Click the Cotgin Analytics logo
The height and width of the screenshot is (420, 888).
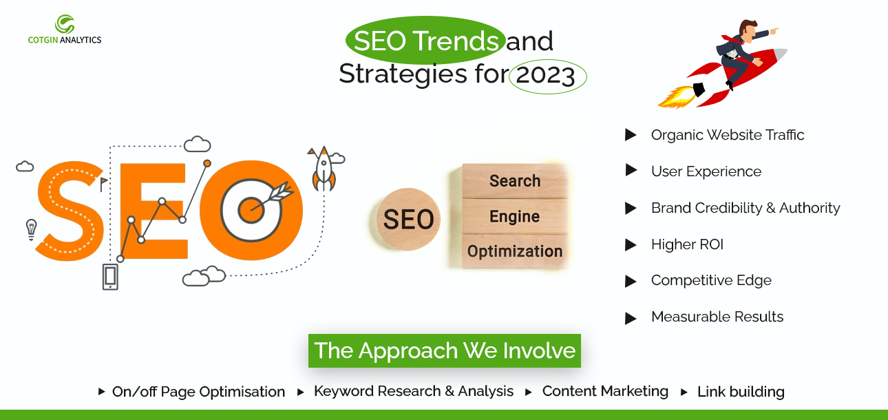[65, 30]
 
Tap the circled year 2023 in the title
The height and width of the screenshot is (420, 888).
[546, 75]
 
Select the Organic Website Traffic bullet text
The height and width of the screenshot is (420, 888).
[728, 135]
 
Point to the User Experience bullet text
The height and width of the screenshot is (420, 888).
[706, 171]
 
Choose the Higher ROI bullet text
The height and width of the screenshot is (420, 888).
[687, 244]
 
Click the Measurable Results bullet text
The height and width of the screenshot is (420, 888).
[717, 317]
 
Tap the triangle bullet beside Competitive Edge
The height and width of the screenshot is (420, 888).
[631, 281]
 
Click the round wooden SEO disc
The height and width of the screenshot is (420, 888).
[408, 220]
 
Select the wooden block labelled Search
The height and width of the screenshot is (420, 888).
[515, 181]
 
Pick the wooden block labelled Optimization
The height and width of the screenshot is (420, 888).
[515, 251]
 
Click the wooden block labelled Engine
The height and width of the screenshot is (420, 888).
[515, 217]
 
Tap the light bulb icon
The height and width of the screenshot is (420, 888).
[31, 230]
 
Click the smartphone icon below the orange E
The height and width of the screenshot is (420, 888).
[110, 277]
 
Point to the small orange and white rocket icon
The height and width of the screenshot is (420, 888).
[324, 169]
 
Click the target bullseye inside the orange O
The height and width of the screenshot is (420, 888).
[251, 210]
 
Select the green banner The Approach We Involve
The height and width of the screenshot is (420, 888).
[445, 350]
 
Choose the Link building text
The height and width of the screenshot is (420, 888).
[741, 392]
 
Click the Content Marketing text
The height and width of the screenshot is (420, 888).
[605, 391]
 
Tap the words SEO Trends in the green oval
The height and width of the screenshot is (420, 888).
[426, 41]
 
